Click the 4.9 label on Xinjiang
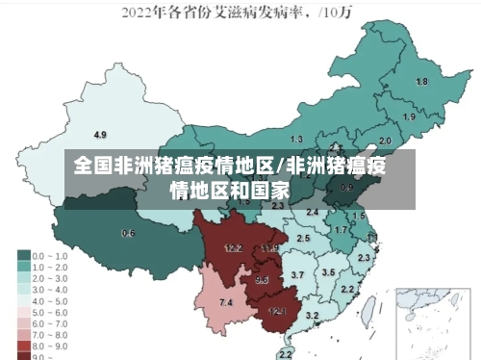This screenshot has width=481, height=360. (x=100, y=134)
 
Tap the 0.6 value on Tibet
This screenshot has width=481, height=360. (x=128, y=233)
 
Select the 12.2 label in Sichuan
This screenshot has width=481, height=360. (x=233, y=247)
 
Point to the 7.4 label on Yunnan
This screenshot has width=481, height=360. (x=226, y=303)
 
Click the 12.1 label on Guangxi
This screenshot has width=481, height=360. (x=277, y=311)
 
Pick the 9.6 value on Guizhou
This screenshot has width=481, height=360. (x=262, y=280)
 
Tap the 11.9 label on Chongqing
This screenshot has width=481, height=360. (x=269, y=248)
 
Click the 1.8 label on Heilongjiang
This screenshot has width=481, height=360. (x=421, y=82)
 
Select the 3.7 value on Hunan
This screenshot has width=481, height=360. (x=297, y=275)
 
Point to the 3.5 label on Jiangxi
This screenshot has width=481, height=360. (x=328, y=272)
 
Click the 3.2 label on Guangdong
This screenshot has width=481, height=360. (x=312, y=315)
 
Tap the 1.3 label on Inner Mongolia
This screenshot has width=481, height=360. (x=296, y=140)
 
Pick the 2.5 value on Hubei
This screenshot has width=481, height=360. (x=303, y=237)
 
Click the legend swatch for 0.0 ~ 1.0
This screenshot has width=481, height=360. (x=22, y=255)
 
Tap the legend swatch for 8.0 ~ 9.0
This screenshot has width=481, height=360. (x=22, y=345)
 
